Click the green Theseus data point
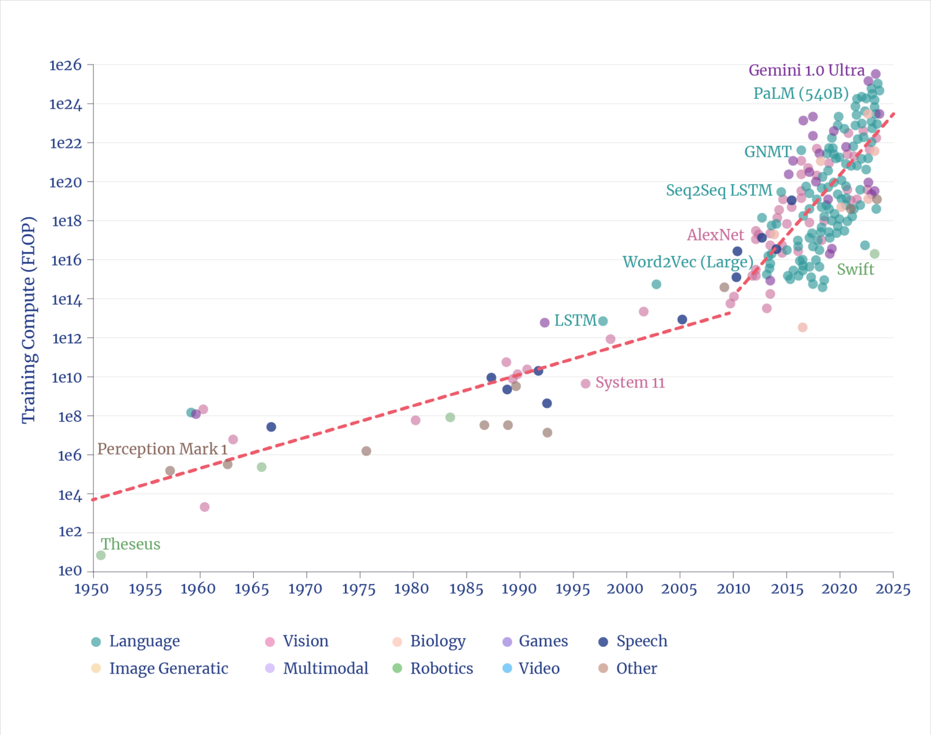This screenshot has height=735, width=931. click(101, 555)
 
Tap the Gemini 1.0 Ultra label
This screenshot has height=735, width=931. click(806, 71)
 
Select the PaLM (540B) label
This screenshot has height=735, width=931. click(801, 94)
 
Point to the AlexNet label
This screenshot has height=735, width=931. click(716, 235)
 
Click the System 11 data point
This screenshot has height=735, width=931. click(585, 384)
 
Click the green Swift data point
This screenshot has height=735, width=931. click(875, 254)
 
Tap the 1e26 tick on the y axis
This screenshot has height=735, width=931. click(66, 65)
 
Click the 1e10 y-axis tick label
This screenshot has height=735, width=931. click(66, 377)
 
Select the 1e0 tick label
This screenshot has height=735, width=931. click(70, 571)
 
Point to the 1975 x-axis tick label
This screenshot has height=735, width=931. click(359, 589)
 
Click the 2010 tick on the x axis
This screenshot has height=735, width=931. click(733, 589)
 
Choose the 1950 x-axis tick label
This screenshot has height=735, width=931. click(92, 589)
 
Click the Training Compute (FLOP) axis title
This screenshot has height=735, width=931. click(29, 320)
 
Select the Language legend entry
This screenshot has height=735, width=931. click(144, 641)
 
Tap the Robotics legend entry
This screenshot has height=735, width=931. click(441, 669)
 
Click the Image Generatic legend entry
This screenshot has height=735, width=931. click(168, 669)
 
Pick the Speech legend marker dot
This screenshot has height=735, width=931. click(603, 642)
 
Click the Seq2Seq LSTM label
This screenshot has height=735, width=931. click(719, 191)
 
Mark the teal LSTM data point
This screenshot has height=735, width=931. click(602, 321)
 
